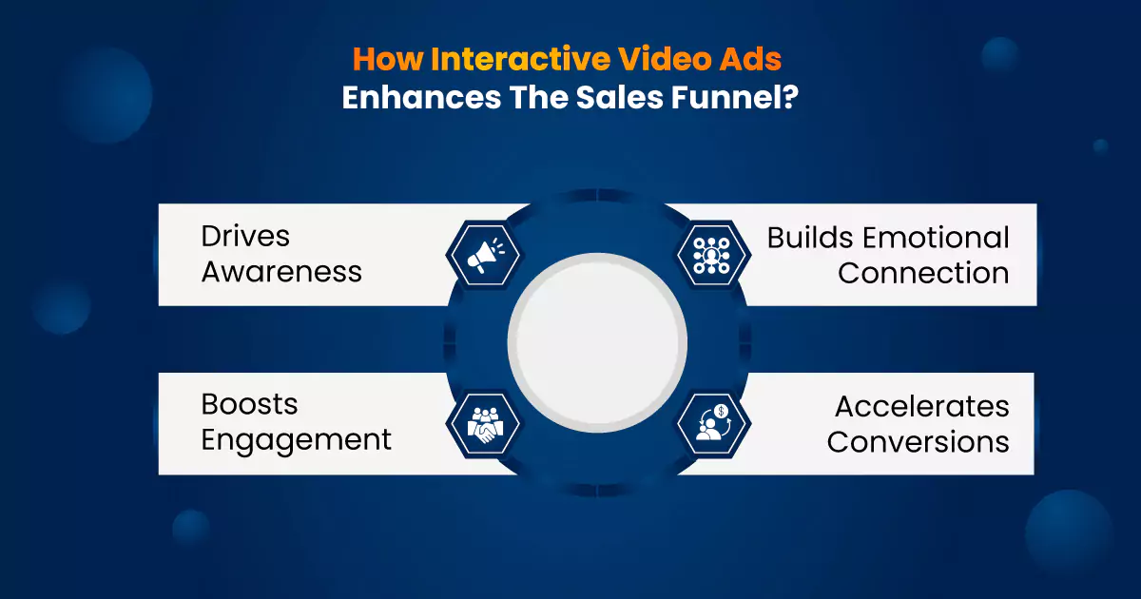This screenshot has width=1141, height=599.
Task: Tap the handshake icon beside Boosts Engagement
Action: (x=485, y=424)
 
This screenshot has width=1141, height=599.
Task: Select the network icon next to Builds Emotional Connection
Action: (x=711, y=255)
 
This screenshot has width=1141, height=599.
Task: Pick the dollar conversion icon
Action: (x=713, y=423)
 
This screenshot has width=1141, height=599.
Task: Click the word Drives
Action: (x=245, y=237)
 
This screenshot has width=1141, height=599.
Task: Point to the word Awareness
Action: (x=281, y=272)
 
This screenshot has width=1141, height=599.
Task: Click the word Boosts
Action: (x=249, y=404)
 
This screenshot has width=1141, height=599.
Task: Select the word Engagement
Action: (x=297, y=440)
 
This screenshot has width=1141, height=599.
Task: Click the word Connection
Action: (x=923, y=273)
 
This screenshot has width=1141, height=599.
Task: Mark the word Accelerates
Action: (x=922, y=407)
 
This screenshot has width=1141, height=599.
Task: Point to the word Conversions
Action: (x=919, y=441)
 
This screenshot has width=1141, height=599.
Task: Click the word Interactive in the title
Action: (x=521, y=59)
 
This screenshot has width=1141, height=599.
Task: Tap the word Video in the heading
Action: (x=665, y=59)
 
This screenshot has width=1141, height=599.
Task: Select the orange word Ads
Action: (x=750, y=59)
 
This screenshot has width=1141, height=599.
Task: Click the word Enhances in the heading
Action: (x=422, y=97)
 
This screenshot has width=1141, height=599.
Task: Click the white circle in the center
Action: (x=597, y=343)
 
